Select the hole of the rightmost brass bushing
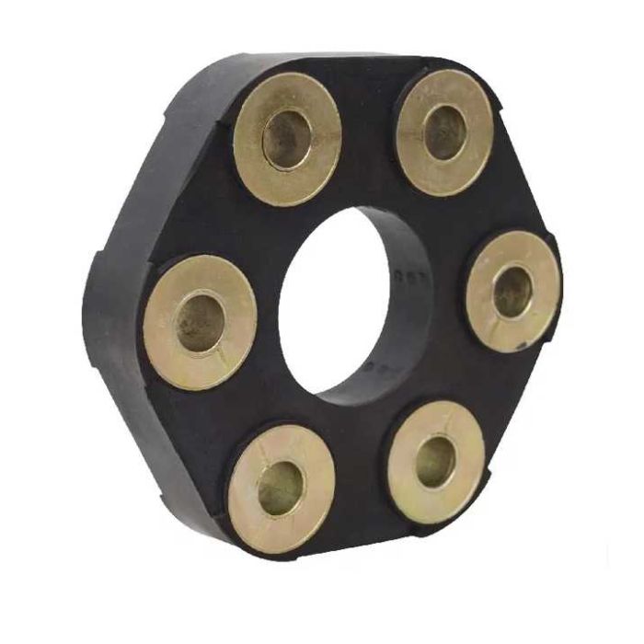tap(512, 292)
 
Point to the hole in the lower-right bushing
tap(436, 462)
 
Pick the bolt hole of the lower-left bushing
tap(281, 489)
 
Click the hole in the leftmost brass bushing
tap(200, 323)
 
